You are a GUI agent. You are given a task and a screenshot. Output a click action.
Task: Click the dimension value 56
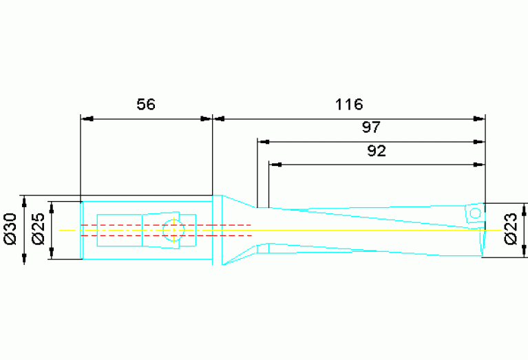tap(146, 105)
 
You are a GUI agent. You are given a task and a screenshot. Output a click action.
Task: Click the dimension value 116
tap(349, 105)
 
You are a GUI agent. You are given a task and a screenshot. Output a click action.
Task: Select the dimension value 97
tap(371, 127)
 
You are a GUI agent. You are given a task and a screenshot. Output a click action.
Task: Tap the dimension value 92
tap(377, 151)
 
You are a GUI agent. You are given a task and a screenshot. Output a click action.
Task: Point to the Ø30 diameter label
tap(10, 229)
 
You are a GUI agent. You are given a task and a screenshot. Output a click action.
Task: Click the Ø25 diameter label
tap(38, 229)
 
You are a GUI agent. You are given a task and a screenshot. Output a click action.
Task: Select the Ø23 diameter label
tap(511, 229)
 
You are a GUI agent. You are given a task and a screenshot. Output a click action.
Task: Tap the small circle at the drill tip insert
tap(475, 213)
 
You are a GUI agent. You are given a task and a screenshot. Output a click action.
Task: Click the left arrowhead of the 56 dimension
tap(87, 119)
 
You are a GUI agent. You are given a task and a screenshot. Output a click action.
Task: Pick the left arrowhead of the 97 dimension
tap(264, 142)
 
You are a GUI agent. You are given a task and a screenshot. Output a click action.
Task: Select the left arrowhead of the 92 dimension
tap(275, 165)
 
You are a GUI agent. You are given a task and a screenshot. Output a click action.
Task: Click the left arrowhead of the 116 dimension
tap(219, 119)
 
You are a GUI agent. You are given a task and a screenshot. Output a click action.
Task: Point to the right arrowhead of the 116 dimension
tap(478, 119)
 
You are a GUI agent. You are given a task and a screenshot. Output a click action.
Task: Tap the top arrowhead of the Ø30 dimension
tap(24, 202)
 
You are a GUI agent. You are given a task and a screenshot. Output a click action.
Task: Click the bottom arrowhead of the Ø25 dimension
tap(52, 253)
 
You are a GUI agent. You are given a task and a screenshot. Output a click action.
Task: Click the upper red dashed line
tap(167, 224)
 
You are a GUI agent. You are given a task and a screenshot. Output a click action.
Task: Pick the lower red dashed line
tap(167, 235)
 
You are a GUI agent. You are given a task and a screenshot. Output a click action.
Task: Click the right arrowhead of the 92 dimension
tap(478, 165)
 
